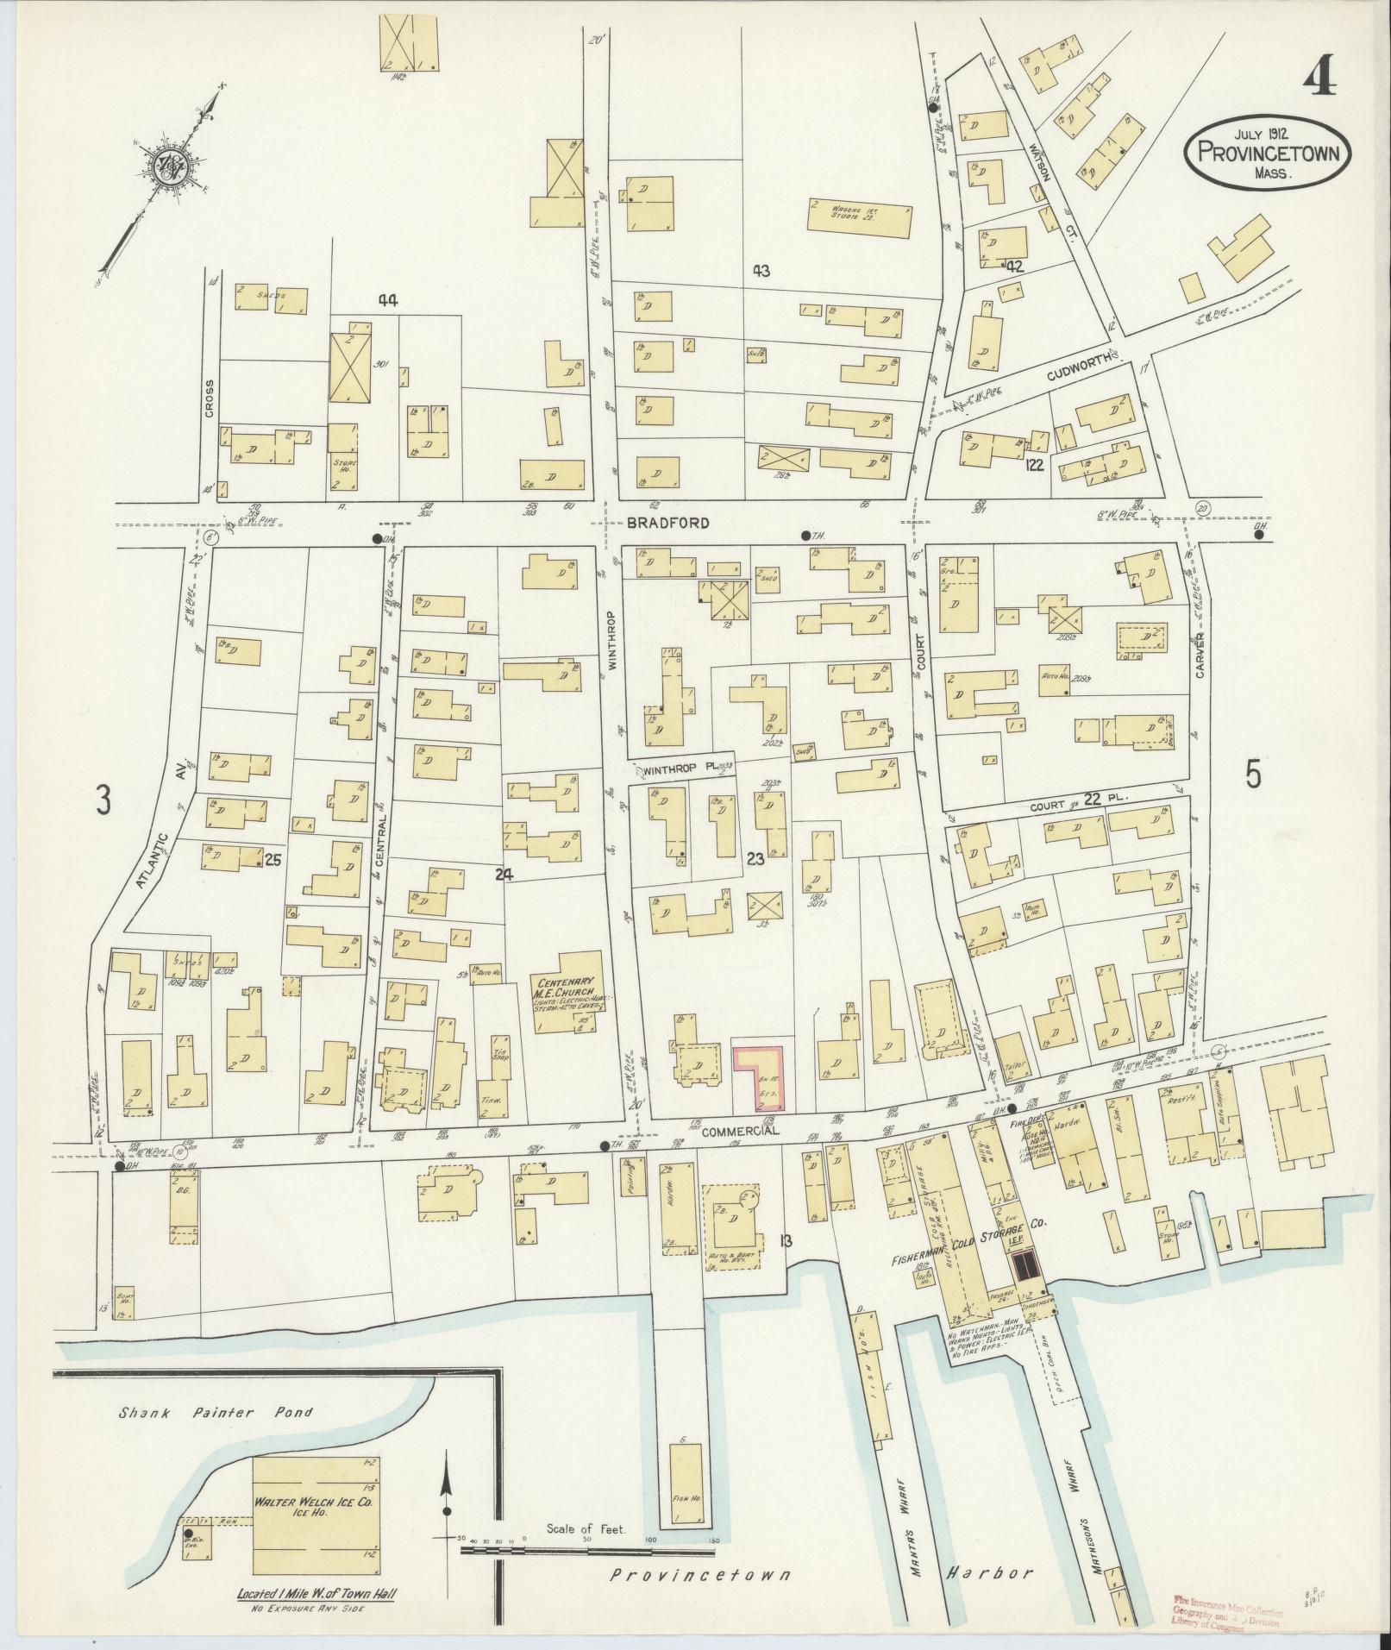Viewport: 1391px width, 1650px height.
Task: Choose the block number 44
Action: (387, 300)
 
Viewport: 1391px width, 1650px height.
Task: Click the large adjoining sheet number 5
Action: (1252, 776)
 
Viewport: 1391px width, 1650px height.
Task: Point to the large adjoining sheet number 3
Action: (103, 801)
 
